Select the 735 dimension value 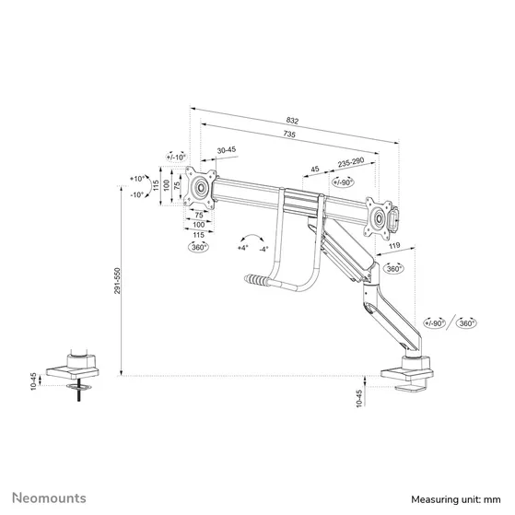tap(289, 135)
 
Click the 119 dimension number tap(394, 247)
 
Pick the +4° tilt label tap(242, 248)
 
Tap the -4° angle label tap(263, 248)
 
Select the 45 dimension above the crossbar tap(315, 169)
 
